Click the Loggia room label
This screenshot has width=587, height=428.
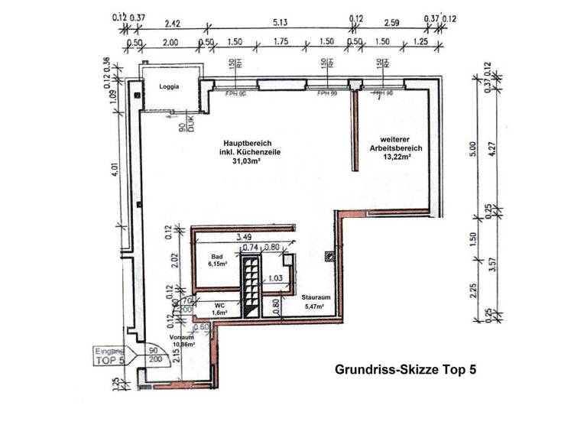pyautogui.click(x=169, y=87)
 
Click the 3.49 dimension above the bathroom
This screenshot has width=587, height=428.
pyautogui.click(x=245, y=238)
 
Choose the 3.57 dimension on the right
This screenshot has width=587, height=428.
pyautogui.click(x=502, y=265)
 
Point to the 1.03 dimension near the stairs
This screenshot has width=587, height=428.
pyautogui.click(x=276, y=279)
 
